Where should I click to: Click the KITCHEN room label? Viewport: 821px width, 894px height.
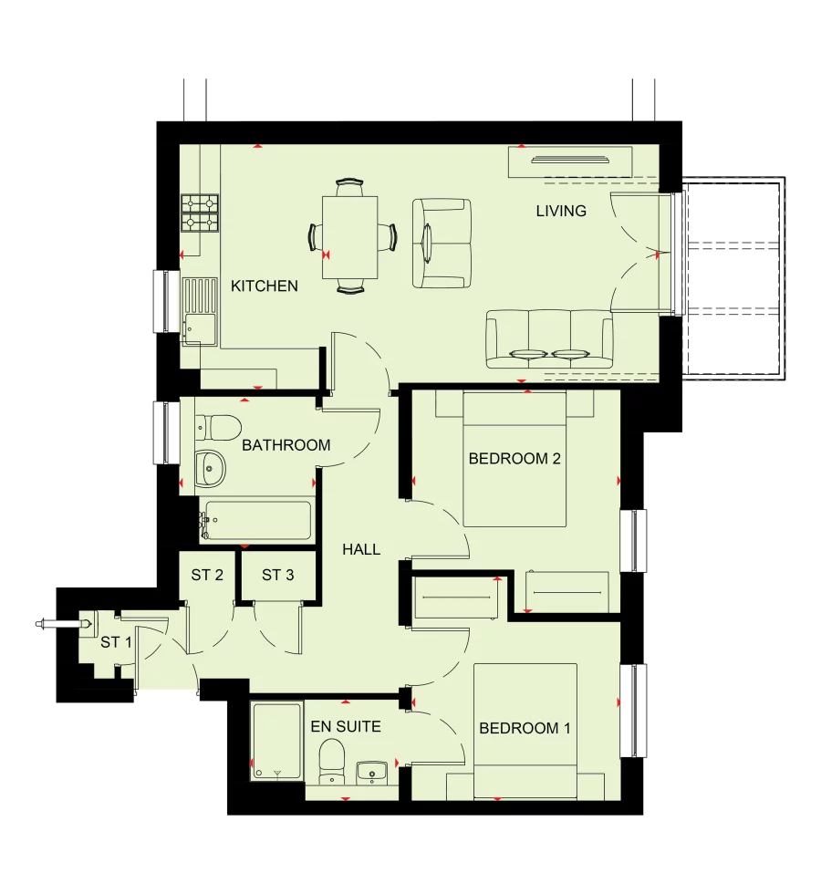[264, 286]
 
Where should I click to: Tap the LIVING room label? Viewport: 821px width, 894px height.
[561, 211]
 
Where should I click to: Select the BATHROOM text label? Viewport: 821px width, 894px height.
[286, 445]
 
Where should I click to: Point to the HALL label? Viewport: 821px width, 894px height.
[361, 549]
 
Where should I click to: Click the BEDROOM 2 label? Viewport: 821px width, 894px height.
[514, 458]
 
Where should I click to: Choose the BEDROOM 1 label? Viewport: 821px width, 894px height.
[525, 728]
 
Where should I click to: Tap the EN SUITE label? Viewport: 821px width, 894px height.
[346, 726]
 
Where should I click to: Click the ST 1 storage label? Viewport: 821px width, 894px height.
[116, 642]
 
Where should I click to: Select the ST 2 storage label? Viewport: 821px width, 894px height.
[207, 575]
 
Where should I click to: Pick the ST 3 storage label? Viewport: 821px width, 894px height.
[277, 575]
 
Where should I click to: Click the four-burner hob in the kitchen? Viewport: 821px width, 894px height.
[200, 213]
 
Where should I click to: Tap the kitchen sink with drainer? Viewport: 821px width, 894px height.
[200, 311]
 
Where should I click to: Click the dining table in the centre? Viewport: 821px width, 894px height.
[350, 237]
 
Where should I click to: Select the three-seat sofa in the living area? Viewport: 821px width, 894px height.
[549, 338]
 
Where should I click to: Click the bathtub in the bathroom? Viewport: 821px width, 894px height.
[255, 520]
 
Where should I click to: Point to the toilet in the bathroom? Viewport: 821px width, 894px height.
[218, 428]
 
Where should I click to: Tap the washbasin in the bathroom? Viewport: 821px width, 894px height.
[210, 469]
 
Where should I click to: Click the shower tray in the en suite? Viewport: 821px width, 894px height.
[276, 742]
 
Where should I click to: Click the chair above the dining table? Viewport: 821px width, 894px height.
[349, 187]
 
